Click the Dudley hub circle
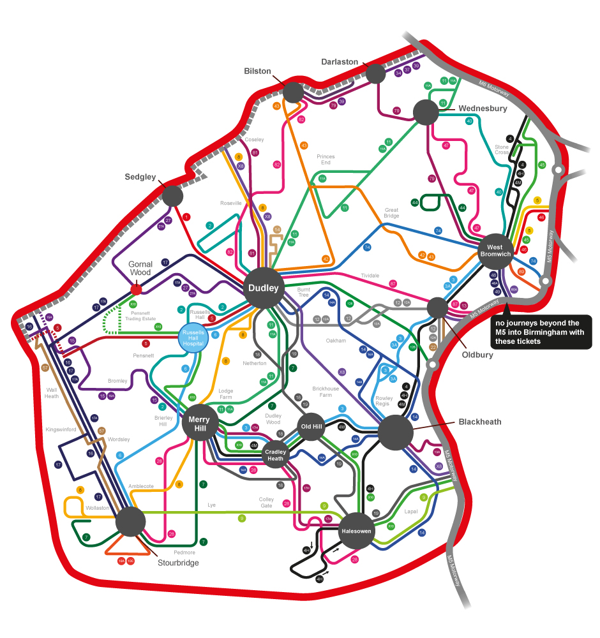[x=263, y=288]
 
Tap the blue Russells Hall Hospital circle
[x=193, y=338]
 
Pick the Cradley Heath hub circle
[x=274, y=454]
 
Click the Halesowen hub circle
[x=356, y=531]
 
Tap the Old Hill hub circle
[x=312, y=426]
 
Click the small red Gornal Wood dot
[x=136, y=290]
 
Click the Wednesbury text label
[x=483, y=108]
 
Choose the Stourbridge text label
[x=178, y=563]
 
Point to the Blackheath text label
[x=480, y=422]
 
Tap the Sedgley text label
[x=140, y=177]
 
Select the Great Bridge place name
[x=391, y=212]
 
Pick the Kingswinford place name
[x=61, y=430]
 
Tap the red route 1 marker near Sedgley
[x=186, y=217]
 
